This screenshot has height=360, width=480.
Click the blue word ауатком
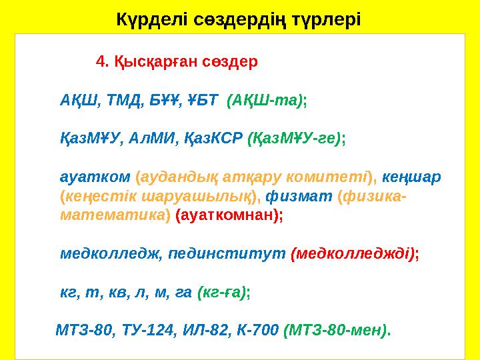click(95, 177)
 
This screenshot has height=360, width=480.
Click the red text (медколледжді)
click(353, 254)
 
